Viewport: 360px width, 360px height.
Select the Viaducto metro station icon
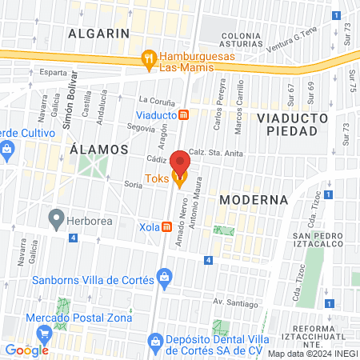coord(183,114)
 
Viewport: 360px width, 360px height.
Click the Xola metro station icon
coord(166,226)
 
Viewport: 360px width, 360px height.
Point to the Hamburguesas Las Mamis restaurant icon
coord(147,58)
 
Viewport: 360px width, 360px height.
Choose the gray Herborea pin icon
coord(56,217)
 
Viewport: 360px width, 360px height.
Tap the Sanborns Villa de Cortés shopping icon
coord(164,279)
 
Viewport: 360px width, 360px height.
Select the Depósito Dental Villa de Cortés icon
coord(155,345)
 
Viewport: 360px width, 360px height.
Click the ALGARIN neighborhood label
coord(98,33)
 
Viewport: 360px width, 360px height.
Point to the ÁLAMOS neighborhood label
coord(98,149)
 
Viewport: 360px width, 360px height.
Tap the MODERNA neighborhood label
coord(253,198)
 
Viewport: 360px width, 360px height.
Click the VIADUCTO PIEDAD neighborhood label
coord(291,124)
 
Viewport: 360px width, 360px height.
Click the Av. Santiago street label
coord(235,303)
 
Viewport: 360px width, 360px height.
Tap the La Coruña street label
coord(155,101)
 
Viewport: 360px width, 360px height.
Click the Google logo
coord(26,350)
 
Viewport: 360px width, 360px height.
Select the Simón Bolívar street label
coord(70,98)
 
